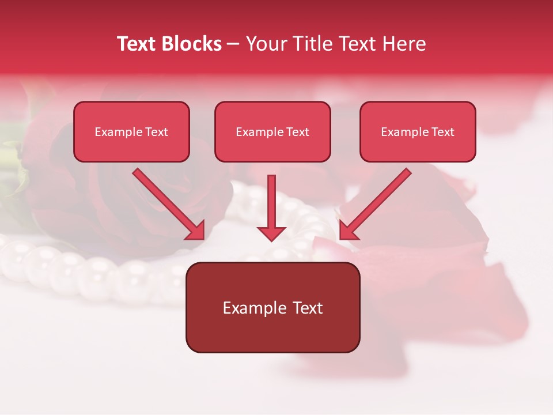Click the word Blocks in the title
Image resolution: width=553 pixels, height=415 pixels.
click(192, 44)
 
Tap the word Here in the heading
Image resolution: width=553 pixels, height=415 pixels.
click(403, 44)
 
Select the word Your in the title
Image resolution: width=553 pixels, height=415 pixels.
click(265, 44)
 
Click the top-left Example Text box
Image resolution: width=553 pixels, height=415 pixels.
click(131, 131)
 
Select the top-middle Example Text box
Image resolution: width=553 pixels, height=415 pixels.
click(272, 131)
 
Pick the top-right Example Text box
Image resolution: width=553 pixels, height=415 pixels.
click(418, 131)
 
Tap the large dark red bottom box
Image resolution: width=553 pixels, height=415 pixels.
click(272, 307)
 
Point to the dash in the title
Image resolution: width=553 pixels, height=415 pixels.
click(233, 44)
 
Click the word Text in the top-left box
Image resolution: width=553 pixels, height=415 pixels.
click(157, 132)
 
